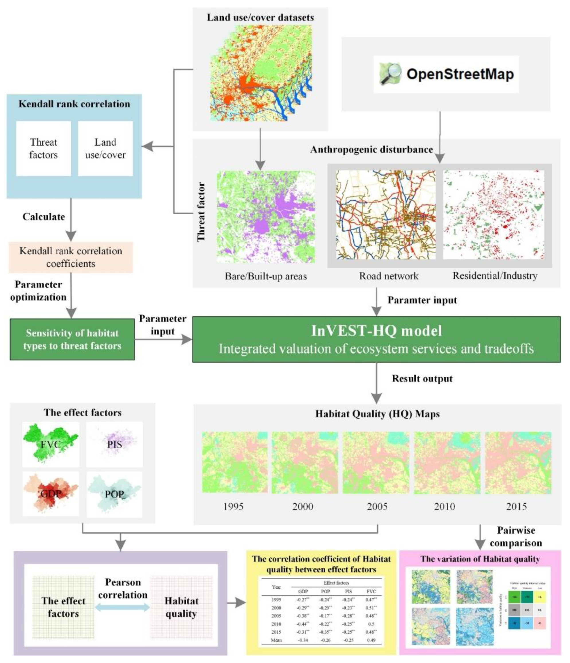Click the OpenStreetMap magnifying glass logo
tap(390, 74)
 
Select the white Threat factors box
tap(43, 148)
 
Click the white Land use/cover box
tap(105, 148)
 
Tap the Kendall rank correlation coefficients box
tap(71, 257)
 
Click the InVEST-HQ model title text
tap(377, 331)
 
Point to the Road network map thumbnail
tap(386, 214)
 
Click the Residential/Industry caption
tap(495, 276)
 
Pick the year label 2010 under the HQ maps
tap(445, 506)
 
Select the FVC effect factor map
tap(51, 444)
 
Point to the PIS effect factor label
tap(114, 444)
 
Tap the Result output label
tap(422, 379)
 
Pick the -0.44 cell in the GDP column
tap(303, 624)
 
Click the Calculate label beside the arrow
tap(43, 217)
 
